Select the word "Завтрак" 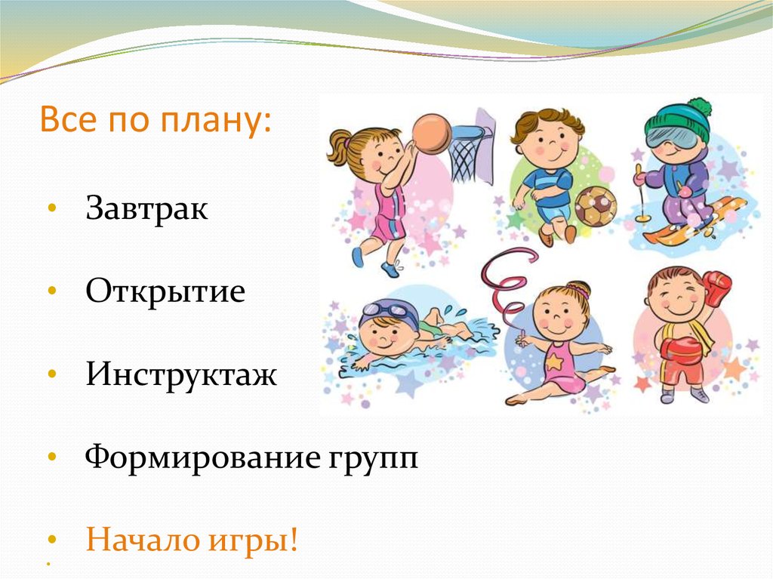(x=146, y=209)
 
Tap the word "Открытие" (x=165, y=291)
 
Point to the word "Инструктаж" (x=181, y=374)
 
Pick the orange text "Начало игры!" (x=192, y=541)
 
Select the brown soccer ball (x=596, y=206)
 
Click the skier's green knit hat (x=679, y=117)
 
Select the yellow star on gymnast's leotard (x=555, y=361)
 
